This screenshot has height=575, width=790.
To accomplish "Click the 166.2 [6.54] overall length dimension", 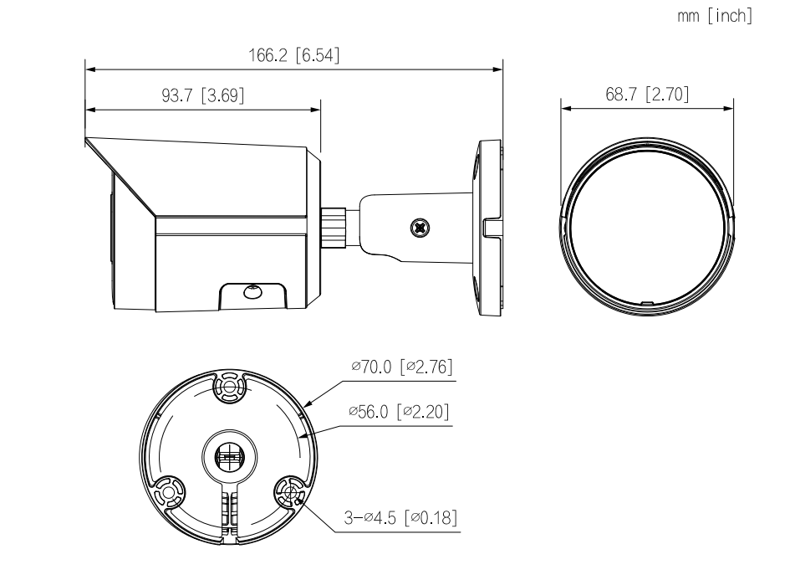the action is coord(293,55).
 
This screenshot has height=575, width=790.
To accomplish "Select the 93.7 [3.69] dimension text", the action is coord(202,95).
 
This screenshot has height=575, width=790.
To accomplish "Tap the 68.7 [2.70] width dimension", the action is coord(647,94).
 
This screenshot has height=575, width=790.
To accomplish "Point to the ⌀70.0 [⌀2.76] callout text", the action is coord(401,367).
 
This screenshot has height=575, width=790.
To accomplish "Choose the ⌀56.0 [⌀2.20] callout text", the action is coord(399,412).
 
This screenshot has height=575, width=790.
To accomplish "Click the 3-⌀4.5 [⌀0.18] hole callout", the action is coord(400,517).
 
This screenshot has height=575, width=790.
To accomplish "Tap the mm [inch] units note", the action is coord(715,16).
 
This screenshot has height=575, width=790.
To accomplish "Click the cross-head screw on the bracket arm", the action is coord(420,228).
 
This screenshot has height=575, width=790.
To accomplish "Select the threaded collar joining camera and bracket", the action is coord(334,227).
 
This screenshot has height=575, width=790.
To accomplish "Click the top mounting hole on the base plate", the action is coord(229,388).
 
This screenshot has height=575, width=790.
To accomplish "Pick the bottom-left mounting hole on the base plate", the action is coord(167,492).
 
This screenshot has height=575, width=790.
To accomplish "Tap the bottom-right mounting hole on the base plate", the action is coord(290,492).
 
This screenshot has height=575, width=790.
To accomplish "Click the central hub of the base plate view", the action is coord(229,457).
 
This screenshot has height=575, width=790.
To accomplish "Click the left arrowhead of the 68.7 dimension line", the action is coord(566,108).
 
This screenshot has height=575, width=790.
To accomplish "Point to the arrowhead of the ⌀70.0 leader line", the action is coord(308,403).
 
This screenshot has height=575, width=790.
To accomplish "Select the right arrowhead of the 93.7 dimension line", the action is coord(315,110).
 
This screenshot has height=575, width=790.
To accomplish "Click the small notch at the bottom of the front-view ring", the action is coord(646,304).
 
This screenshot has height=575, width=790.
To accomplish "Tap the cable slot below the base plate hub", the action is coord(229,512).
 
